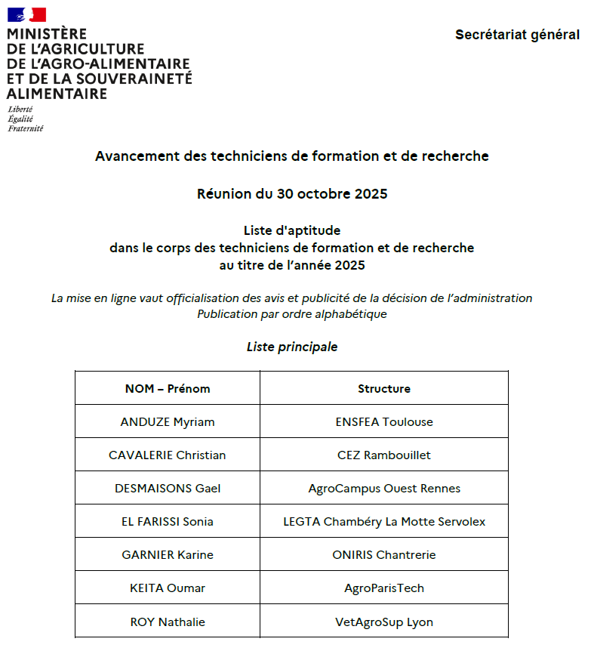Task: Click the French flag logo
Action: click(x=26, y=14)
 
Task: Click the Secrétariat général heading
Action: click(x=517, y=35)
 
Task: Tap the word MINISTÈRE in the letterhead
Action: click(x=47, y=35)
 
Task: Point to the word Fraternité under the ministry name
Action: click(x=26, y=128)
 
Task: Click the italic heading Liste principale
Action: click(x=292, y=347)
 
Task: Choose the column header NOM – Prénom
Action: click(x=168, y=388)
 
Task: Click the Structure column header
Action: click(x=384, y=388)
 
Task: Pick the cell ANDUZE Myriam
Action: click(x=168, y=421)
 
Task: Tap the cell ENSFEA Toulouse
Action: click(x=384, y=421)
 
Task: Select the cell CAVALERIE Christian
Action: click(x=168, y=455)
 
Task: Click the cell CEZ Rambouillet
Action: click(x=384, y=455)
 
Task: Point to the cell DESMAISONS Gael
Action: click(x=168, y=488)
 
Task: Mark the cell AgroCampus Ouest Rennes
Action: click(x=384, y=488)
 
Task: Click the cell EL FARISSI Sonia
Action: click(x=168, y=521)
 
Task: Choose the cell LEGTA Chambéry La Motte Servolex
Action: click(x=384, y=521)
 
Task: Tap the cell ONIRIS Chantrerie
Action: click(x=384, y=554)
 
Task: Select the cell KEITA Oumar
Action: click(x=168, y=588)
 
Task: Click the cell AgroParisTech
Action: click(x=384, y=588)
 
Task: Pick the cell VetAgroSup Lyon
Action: click(x=384, y=622)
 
